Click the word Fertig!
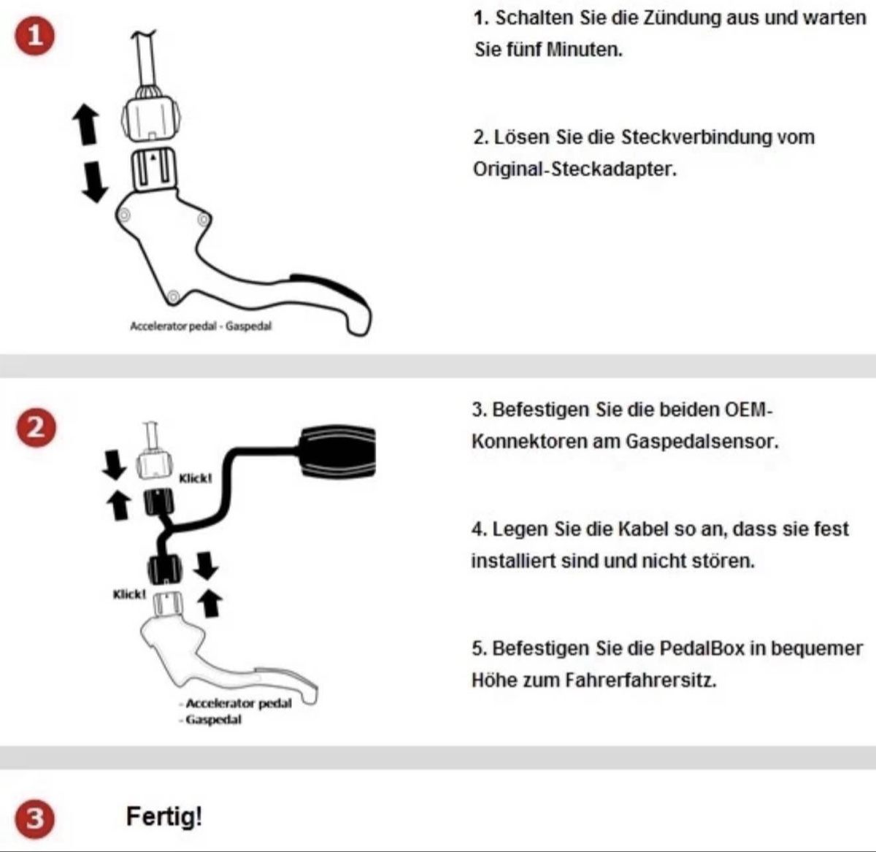(164, 815)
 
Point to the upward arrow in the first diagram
(87, 123)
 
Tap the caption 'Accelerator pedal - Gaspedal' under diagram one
(200, 326)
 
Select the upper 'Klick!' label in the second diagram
(195, 478)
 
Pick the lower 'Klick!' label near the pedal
(129, 594)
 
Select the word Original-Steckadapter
(575, 169)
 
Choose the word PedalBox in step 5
(702, 648)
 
